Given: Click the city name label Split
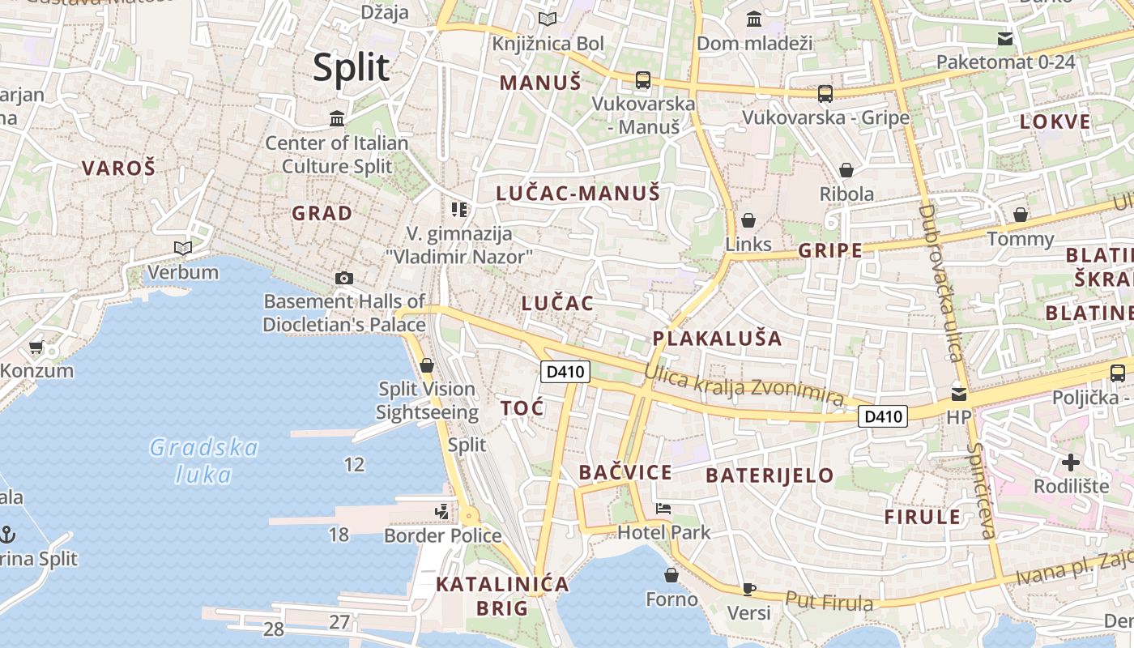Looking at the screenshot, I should click(x=351, y=67).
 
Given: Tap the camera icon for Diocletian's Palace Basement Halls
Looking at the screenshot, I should click(x=343, y=279).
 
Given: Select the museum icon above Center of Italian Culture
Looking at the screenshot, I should click(x=337, y=120).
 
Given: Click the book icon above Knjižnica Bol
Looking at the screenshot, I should click(x=548, y=19).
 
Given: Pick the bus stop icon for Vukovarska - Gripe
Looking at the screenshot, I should click(x=825, y=94).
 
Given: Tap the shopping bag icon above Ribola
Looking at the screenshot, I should click(x=846, y=170).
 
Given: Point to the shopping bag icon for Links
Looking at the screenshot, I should click(x=748, y=220).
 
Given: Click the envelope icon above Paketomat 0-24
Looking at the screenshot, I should click(x=1005, y=39).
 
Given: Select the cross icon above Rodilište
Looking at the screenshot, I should click(x=1071, y=463).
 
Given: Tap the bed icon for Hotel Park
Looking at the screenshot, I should click(x=663, y=509).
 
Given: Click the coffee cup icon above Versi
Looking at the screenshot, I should click(x=749, y=589).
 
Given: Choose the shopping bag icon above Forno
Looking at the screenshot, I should click(x=671, y=575).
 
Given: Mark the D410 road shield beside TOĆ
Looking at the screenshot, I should click(x=565, y=372).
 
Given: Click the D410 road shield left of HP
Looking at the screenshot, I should click(x=883, y=416).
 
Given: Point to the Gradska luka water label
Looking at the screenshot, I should click(x=203, y=460).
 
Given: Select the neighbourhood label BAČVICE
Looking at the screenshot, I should click(x=625, y=472).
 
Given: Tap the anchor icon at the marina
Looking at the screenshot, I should click(x=7, y=534).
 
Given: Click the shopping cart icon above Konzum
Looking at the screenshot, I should click(x=36, y=347).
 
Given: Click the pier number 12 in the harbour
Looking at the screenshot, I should click(x=354, y=464).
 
